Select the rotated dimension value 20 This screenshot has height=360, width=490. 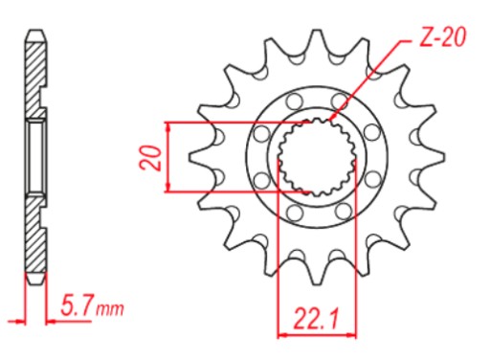point(150,158)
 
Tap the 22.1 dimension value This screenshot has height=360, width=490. point(316,319)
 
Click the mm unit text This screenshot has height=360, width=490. point(110,309)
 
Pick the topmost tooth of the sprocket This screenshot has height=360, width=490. point(316,40)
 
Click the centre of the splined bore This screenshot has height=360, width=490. point(317,157)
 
